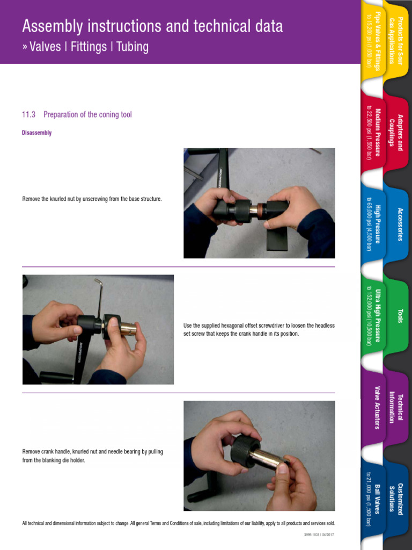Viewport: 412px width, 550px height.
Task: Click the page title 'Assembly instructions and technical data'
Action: point(152,26)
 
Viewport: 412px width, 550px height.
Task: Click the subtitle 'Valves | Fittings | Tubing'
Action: point(85,47)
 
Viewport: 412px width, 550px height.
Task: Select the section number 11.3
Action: point(28,114)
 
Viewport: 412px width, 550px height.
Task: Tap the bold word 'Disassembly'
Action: point(36,133)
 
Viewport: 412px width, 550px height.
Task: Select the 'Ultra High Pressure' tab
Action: point(373,315)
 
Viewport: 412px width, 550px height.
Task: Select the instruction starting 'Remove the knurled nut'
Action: point(92,199)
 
